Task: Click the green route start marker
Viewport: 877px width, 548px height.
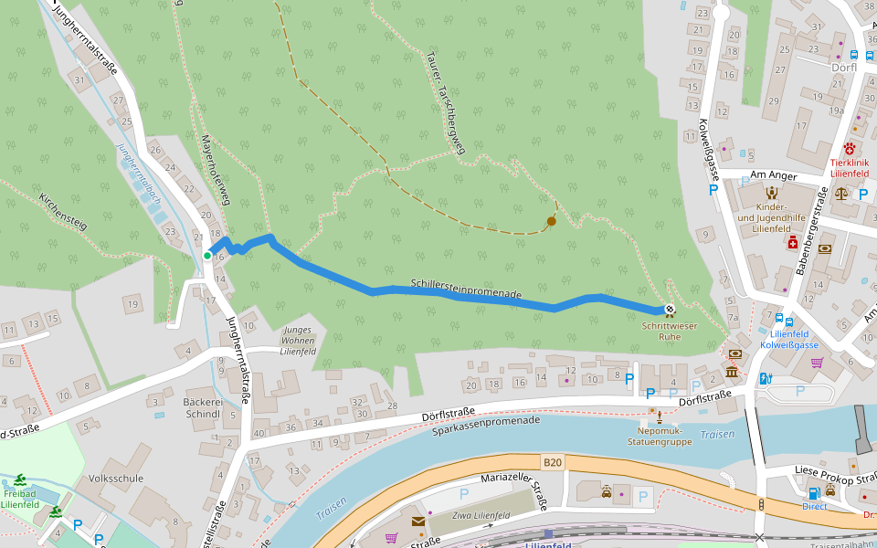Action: point(207,257)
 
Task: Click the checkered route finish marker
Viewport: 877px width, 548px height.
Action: point(670,310)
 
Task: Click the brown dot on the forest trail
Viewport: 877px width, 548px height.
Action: point(551,221)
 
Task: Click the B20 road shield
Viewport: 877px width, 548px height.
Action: point(551,463)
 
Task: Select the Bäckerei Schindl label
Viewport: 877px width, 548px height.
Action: point(202,407)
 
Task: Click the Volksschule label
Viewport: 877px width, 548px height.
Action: point(112,478)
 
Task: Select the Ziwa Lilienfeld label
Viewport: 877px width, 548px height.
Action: point(481,516)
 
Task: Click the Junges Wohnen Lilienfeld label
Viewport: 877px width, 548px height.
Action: point(298,340)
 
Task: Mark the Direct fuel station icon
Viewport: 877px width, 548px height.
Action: point(814,494)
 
